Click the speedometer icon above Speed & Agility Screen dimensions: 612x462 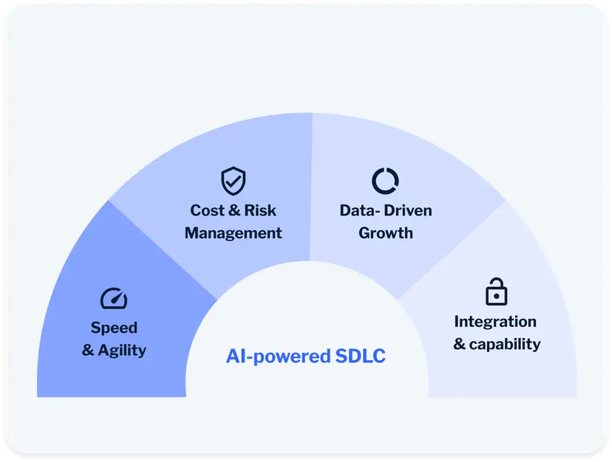[114, 298]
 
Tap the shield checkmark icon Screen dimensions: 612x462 [233, 181]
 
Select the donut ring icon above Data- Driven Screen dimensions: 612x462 [385, 180]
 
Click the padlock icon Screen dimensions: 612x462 [496, 292]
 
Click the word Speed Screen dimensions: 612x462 [114, 327]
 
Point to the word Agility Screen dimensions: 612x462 [123, 350]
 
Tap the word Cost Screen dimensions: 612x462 [206, 210]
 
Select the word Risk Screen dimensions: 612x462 [259, 210]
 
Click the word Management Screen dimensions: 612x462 [233, 233]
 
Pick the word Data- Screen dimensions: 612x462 [359, 210]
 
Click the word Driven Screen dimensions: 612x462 [408, 210]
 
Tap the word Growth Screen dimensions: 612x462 [385, 233]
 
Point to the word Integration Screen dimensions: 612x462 [495, 322]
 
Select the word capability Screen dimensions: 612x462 [506, 344]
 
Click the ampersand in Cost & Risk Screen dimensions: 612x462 [234, 210]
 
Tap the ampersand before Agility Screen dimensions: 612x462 [88, 350]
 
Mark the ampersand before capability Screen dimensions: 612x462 [459, 344]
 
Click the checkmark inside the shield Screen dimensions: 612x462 [234, 180]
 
